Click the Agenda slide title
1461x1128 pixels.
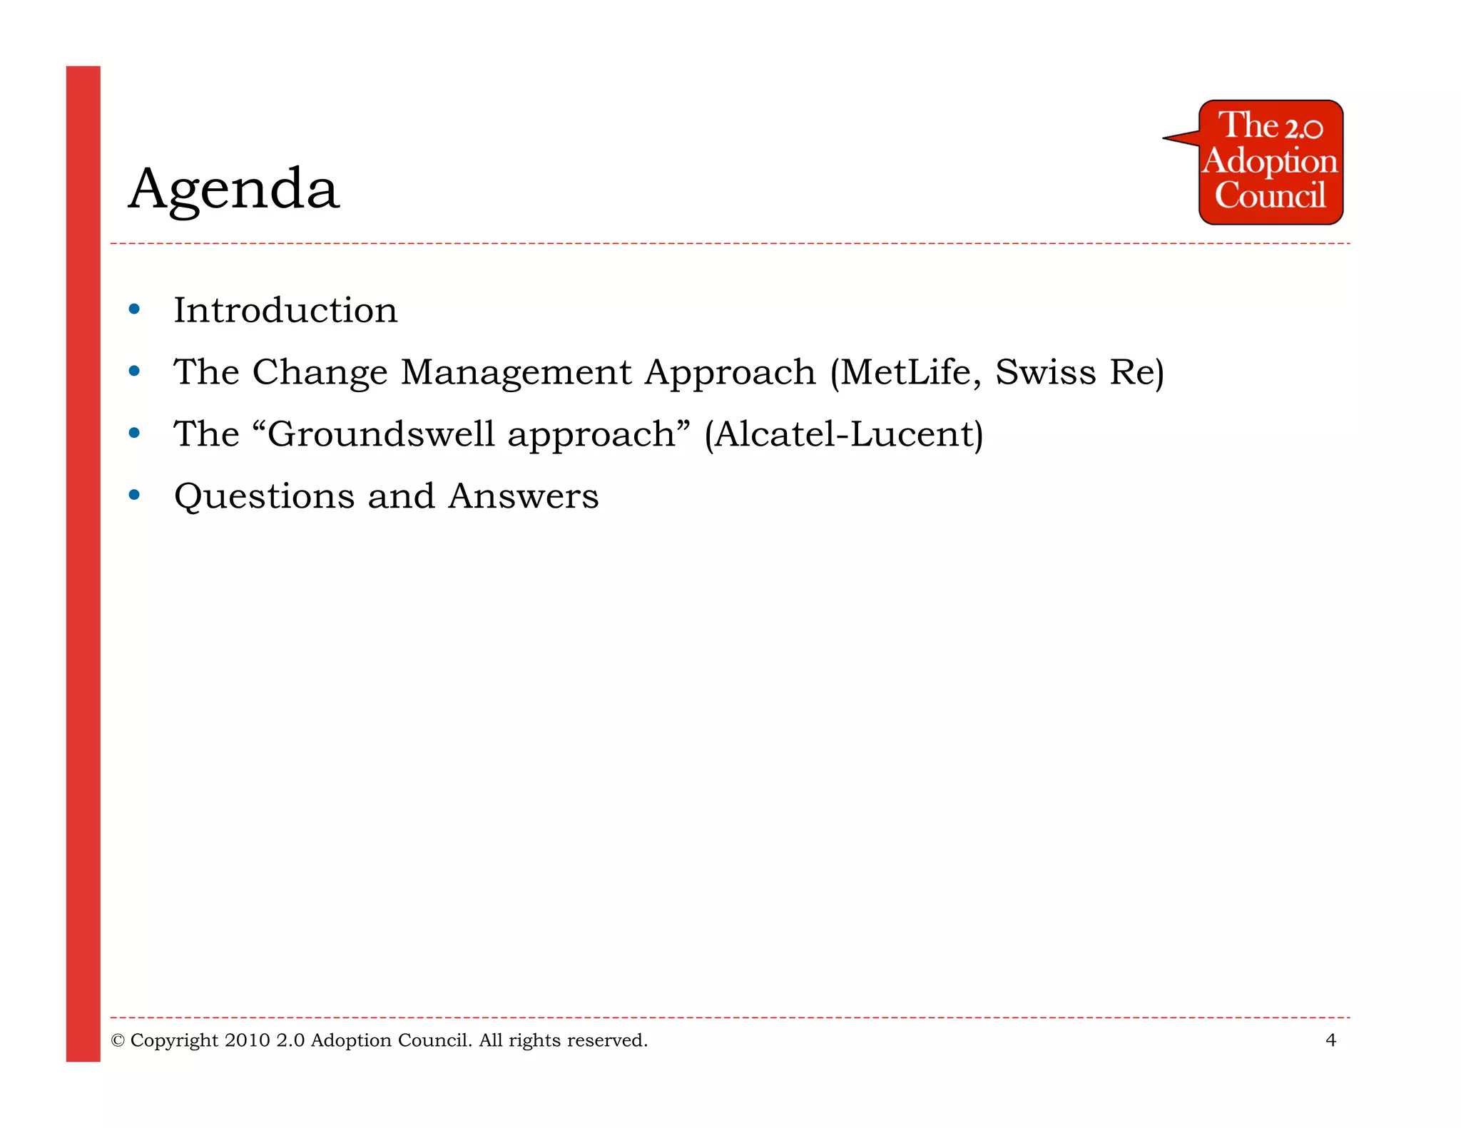pos(234,189)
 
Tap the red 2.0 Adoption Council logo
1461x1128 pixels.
pos(1270,163)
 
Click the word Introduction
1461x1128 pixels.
pos(285,311)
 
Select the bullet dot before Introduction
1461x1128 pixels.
pos(134,309)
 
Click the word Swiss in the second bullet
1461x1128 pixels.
pos(1045,372)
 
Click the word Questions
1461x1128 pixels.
pos(264,497)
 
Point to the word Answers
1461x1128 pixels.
pos(524,496)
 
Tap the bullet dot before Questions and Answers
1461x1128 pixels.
pos(134,495)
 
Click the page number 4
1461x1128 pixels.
pos(1330,1040)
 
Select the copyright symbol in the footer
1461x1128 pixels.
pos(118,1041)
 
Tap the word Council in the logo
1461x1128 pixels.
pos(1270,195)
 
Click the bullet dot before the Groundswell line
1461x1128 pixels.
pos(134,433)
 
